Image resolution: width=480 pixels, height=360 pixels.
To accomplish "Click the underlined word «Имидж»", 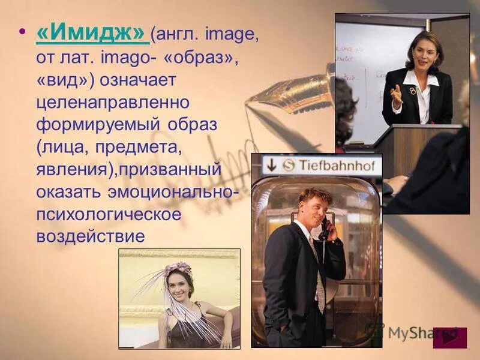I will [92, 35].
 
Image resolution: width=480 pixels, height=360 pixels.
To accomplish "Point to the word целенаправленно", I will [112, 103].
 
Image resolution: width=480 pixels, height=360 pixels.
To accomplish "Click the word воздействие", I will [90, 235].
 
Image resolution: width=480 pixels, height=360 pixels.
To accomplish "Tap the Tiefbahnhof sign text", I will [337, 164].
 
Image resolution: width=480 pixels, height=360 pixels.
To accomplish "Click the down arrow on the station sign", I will [271, 164].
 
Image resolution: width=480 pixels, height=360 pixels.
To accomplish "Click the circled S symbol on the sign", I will [289, 164].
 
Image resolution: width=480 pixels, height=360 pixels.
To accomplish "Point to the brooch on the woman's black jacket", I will [412, 91].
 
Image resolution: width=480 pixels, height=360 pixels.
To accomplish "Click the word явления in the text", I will [73, 169].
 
